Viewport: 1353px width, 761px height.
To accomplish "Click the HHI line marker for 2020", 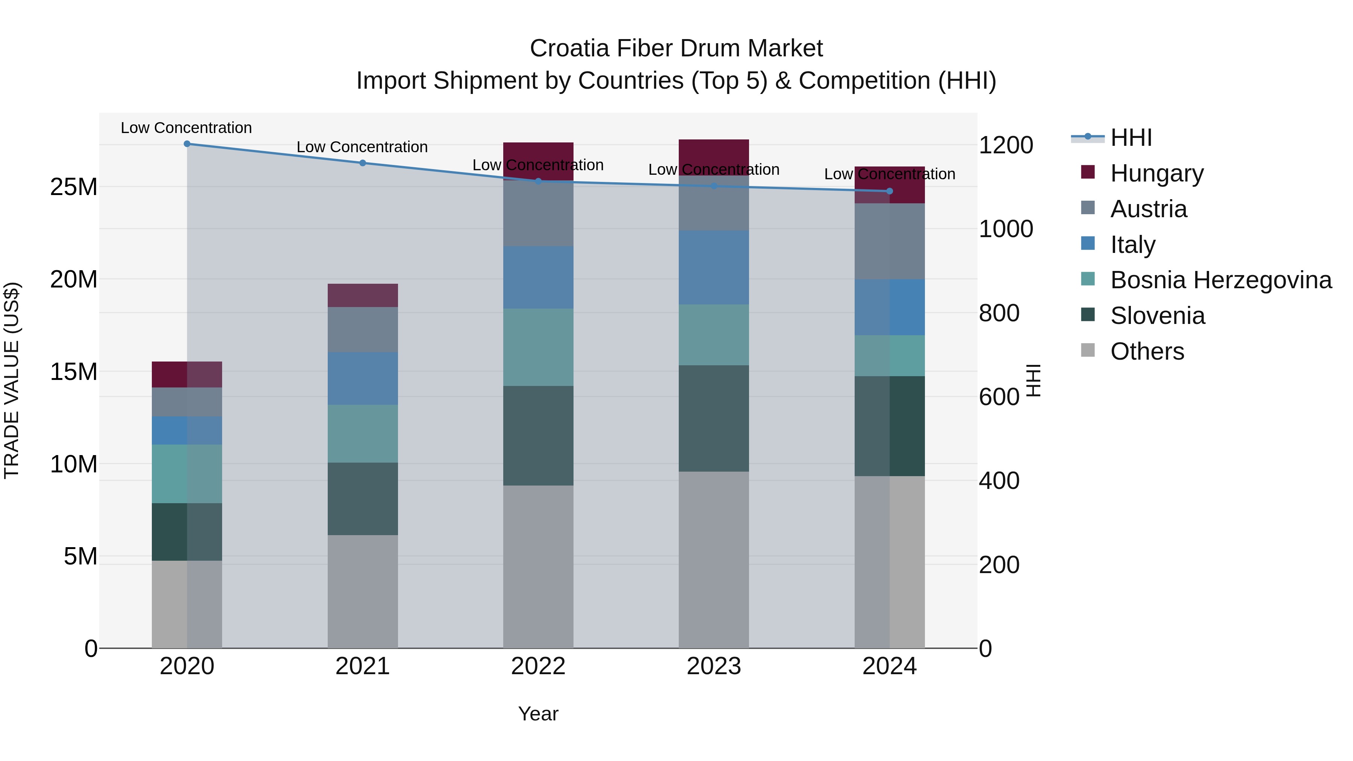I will tap(187, 144).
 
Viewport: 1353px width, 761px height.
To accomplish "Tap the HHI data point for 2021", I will tap(362, 163).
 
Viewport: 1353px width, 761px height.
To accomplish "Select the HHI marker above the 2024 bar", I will tap(889, 191).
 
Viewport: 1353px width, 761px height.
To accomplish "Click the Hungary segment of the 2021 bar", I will tap(362, 295).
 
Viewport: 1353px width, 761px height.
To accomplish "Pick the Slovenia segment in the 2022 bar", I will tap(538, 436).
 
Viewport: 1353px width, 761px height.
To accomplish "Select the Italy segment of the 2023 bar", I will tap(713, 267).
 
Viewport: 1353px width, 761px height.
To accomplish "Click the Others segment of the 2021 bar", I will tap(362, 592).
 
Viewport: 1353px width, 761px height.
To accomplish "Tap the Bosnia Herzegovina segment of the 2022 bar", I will tap(538, 347).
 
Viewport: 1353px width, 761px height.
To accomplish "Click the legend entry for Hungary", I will tap(1156, 173).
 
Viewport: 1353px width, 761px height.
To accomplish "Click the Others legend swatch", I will tap(1088, 350).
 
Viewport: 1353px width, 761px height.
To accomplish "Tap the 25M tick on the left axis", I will tap(74, 187).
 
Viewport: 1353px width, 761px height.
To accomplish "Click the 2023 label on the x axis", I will tap(713, 666).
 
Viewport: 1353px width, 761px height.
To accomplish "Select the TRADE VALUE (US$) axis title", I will tap(12, 380).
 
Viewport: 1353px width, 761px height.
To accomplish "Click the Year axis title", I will tap(538, 714).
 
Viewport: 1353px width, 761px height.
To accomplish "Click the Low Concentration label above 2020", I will tap(186, 128).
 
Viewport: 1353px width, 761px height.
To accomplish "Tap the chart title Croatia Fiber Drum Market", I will tap(676, 48).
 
